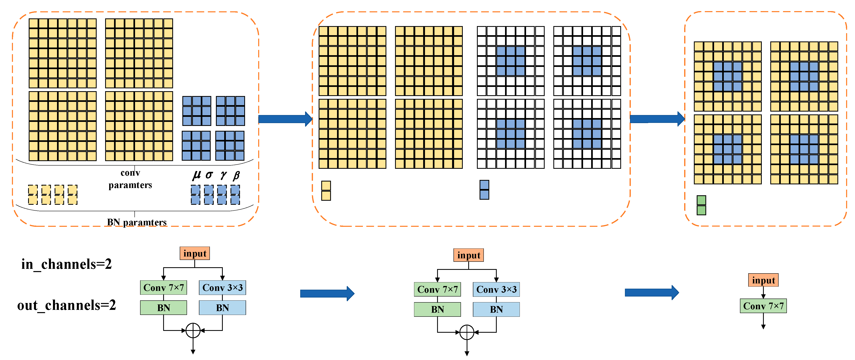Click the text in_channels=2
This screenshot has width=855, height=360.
point(66,264)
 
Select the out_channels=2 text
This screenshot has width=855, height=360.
point(66,305)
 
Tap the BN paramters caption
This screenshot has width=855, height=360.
point(136,222)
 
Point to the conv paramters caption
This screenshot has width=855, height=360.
point(130,179)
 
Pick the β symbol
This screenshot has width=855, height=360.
point(236,175)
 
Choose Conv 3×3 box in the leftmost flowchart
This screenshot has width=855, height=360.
point(222,288)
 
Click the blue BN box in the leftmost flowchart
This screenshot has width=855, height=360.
point(222,308)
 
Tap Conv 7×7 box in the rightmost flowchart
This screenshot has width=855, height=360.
point(763,306)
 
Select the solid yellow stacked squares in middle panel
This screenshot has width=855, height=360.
point(326,190)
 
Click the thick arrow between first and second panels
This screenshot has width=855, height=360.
point(285,119)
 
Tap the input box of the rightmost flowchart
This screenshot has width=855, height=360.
point(763,280)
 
